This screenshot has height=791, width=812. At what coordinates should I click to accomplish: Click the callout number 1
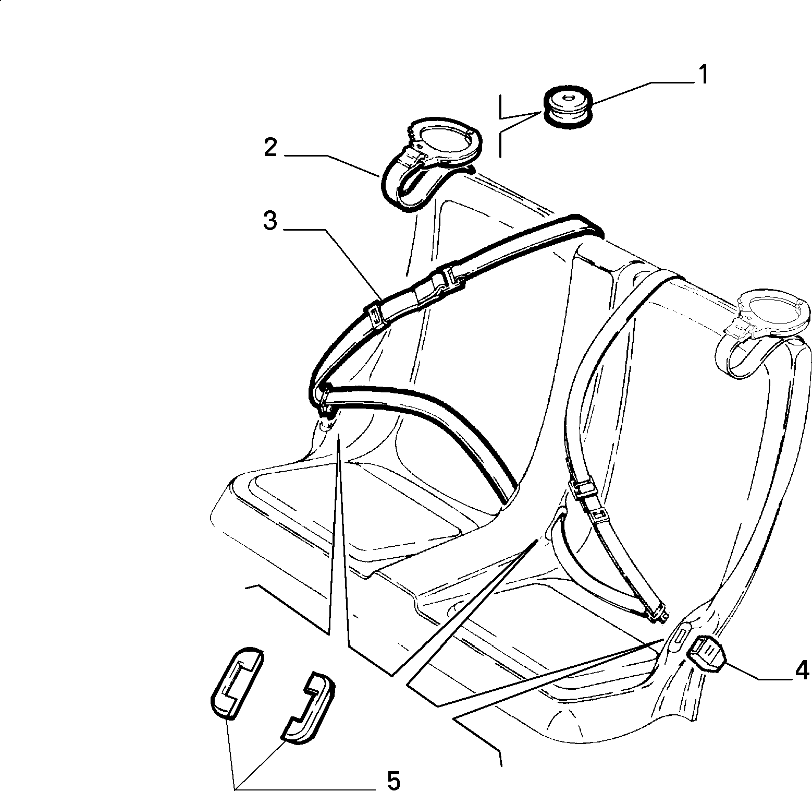click(x=703, y=75)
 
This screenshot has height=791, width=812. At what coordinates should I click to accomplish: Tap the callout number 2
click(x=270, y=148)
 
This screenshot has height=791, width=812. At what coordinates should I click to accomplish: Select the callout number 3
click(x=269, y=221)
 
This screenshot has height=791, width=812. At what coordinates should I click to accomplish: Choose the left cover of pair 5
click(x=236, y=678)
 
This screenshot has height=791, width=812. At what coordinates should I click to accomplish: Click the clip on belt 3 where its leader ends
click(x=375, y=316)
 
